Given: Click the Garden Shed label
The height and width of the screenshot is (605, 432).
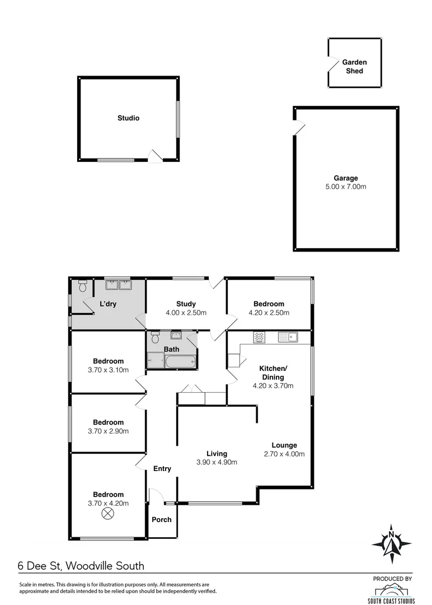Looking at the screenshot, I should click(354, 67).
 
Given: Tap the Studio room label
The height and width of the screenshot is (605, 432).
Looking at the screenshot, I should click(128, 118).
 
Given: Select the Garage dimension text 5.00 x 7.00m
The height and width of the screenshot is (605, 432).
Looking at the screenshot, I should click(346, 187).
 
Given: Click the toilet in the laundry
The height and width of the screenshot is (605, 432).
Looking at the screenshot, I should click(83, 286).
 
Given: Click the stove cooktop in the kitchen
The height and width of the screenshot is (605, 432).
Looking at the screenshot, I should click(259, 337).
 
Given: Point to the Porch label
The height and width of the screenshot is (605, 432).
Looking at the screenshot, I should click(162, 520).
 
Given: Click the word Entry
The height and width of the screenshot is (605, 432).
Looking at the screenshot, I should click(162, 469).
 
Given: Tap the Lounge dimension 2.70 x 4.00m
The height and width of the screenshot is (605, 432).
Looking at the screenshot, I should click(284, 454).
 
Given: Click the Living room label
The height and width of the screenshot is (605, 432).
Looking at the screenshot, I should click(217, 454).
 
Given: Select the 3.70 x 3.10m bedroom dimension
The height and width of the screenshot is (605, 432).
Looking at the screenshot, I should click(108, 370).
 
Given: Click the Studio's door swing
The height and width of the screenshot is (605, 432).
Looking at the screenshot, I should click(154, 156).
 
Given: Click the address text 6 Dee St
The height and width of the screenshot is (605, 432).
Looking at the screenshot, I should click(41, 566).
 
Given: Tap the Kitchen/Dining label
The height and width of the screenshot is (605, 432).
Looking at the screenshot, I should click(273, 373).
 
